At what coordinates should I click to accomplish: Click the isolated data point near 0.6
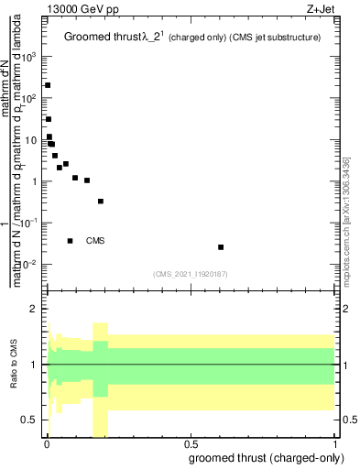click(221, 247)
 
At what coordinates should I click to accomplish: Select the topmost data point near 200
click(48, 85)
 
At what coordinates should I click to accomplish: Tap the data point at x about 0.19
click(101, 202)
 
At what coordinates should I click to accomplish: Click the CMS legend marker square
click(71, 241)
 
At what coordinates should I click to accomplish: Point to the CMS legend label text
click(96, 241)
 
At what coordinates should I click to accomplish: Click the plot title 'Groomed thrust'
click(103, 37)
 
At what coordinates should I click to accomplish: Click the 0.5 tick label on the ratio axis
click(30, 420)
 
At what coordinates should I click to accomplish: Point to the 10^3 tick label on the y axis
click(30, 56)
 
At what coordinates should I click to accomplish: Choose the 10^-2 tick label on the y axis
click(30, 265)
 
